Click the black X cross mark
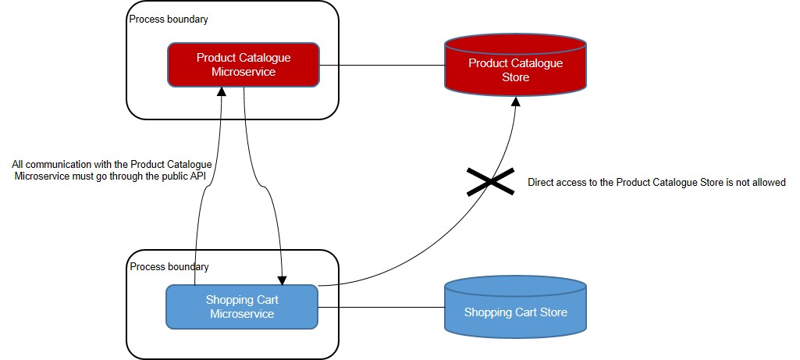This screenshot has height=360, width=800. [490, 181]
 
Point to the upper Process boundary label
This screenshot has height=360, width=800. [169, 19]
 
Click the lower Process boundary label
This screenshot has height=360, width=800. [169, 267]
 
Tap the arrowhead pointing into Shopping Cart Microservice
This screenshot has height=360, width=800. [282, 280]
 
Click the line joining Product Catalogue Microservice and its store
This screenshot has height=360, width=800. [382, 65]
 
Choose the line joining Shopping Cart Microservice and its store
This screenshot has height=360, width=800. [381, 307]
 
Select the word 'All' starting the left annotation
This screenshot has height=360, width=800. [19, 164]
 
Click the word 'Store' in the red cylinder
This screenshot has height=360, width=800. [515, 77]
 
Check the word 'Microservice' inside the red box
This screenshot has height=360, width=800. [244, 72]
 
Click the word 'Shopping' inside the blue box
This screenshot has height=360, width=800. [229, 300]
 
